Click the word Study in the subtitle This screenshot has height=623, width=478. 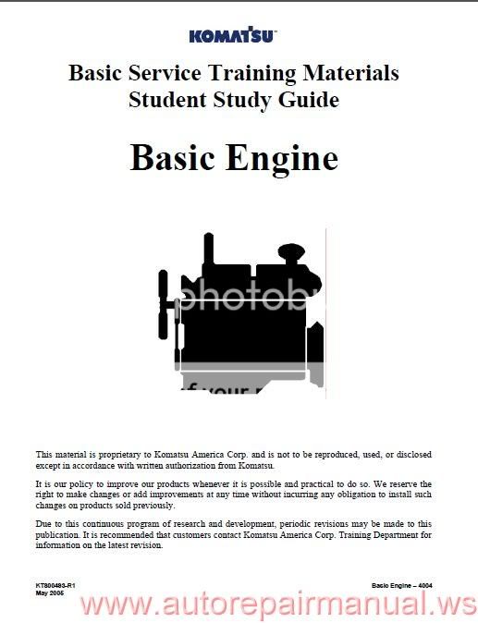click(243, 99)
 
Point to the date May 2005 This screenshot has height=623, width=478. click(51, 594)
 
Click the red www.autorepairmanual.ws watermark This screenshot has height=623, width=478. click(277, 605)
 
